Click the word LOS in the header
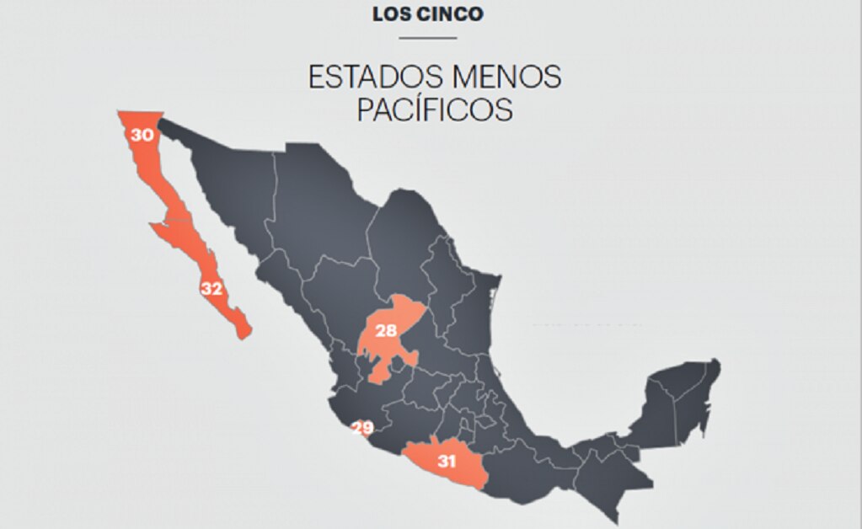click(390, 14)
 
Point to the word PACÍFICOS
click(435, 110)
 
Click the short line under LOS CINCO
click(428, 38)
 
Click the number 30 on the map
click(141, 134)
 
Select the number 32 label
click(211, 289)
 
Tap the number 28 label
click(386, 331)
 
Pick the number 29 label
click(362, 428)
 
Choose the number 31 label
click(447, 461)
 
